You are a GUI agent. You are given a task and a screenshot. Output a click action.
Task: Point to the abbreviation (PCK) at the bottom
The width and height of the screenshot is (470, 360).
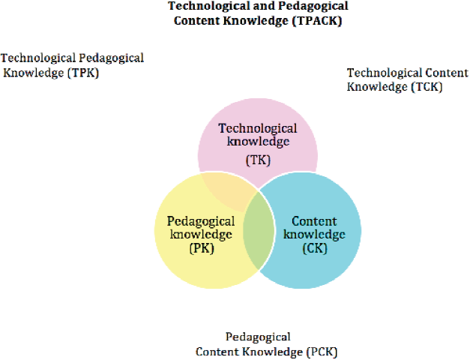pos(326,351)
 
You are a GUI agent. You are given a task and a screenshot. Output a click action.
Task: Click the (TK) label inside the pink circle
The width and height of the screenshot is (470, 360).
pos(257,160)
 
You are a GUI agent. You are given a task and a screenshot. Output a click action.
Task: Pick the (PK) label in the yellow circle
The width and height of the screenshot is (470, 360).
pos(201,249)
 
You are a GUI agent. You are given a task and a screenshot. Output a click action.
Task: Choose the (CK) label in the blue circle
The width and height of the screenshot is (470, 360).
pos(315,249)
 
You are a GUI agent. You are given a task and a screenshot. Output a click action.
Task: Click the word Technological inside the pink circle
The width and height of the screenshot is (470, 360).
pos(258,128)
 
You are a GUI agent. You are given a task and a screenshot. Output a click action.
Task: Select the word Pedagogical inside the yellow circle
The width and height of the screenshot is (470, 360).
pos(201,221)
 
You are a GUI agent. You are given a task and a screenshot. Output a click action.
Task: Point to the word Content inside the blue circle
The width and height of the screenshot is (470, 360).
pos(314,221)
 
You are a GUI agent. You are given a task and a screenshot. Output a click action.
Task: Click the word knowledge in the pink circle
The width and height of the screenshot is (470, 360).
pos(257,141)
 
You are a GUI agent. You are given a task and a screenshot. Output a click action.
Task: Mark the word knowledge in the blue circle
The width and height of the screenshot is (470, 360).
pos(315,235)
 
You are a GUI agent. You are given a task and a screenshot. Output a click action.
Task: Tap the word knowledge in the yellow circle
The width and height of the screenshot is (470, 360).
pos(201,235)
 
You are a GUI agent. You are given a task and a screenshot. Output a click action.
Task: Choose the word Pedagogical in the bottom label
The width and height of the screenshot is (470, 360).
pos(258,337)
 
